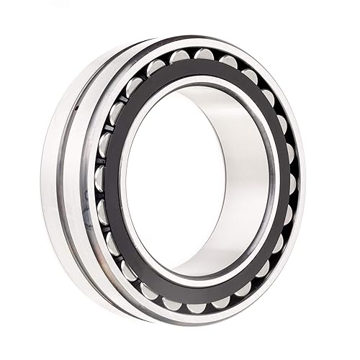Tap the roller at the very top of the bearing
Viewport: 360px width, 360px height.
tap(204, 54)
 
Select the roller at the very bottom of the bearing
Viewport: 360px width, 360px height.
tap(196, 307)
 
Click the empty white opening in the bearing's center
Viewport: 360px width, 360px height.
tap(173, 180)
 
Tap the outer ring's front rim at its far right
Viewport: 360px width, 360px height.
tap(302, 180)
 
